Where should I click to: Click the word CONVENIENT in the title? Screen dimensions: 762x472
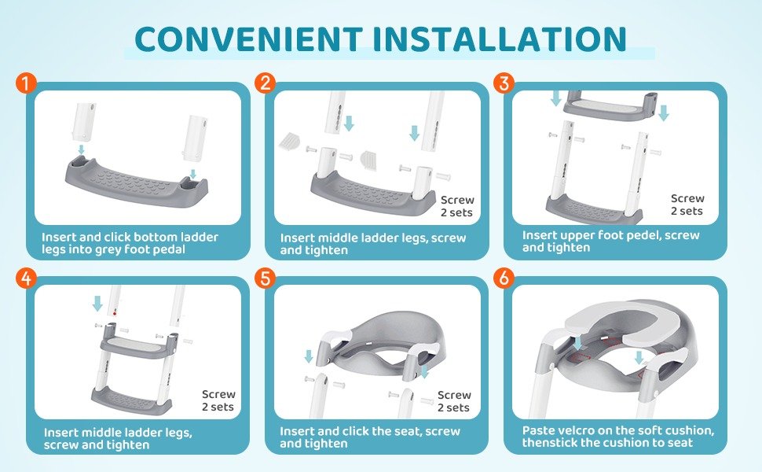248,39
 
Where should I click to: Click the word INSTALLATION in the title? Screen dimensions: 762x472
500,39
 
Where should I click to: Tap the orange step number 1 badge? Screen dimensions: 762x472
26,83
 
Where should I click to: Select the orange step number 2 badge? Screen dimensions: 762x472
265,83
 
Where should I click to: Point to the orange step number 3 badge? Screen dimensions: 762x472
504,83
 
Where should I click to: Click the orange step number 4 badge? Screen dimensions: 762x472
26,278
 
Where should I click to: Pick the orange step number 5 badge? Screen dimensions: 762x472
265,278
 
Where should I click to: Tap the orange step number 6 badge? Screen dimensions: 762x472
504,278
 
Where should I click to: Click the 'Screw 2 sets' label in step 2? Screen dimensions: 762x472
457,206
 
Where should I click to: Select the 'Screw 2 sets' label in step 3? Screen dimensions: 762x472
687,205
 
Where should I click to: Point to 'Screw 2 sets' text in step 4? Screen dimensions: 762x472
218,400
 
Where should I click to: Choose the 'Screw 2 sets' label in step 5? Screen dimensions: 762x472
454,401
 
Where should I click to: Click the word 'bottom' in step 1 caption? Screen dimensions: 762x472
155,238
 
